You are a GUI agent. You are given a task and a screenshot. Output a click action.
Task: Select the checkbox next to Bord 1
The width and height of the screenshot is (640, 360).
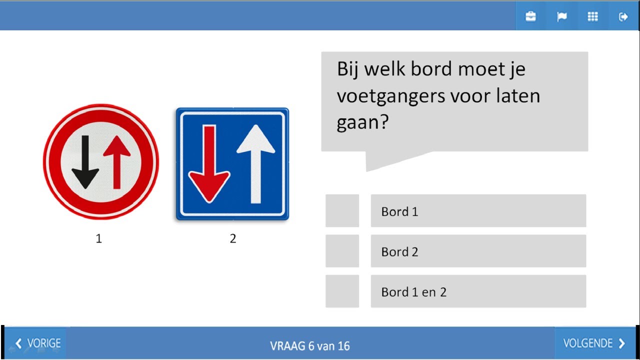point(342,211)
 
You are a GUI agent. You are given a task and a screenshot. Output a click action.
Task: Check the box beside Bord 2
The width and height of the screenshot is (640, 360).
point(342,251)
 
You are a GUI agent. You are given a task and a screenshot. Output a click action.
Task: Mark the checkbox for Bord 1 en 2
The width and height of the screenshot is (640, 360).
point(342,291)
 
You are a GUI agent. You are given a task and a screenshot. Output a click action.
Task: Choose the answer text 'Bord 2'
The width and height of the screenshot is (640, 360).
point(399,252)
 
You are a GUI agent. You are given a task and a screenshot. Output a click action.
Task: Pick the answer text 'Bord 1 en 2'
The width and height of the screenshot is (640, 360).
point(413,292)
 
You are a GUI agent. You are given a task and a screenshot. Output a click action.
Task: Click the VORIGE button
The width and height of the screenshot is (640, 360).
point(38,343)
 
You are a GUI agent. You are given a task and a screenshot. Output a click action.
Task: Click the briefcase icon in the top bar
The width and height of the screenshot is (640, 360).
point(530,16)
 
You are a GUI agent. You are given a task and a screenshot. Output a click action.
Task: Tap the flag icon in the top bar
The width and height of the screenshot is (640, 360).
point(561,16)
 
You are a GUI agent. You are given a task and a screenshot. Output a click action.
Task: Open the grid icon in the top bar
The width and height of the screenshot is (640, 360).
point(592,16)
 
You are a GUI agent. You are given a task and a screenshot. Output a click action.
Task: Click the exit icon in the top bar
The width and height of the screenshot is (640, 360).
point(623,16)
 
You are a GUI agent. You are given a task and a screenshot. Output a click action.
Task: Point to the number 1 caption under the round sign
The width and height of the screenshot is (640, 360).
point(99,239)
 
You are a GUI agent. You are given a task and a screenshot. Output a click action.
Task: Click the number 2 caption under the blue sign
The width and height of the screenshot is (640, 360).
point(232,239)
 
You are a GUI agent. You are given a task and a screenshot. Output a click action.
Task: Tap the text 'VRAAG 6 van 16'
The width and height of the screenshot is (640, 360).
point(310,345)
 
